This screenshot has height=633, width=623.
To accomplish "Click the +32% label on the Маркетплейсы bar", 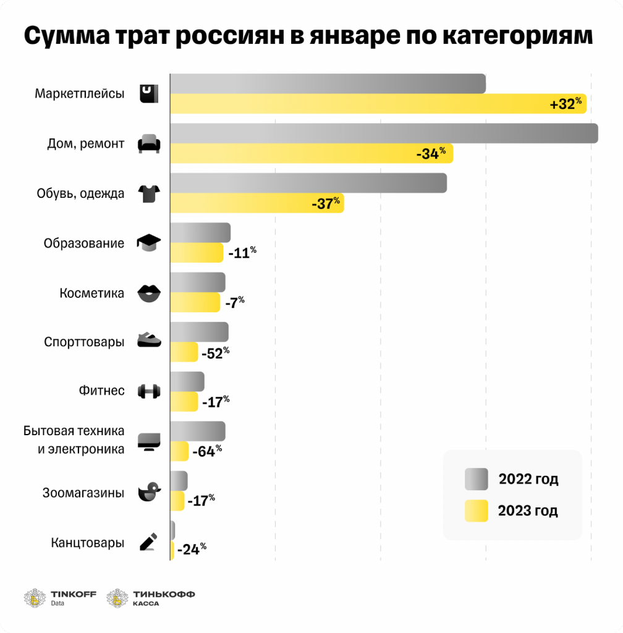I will [x=566, y=103].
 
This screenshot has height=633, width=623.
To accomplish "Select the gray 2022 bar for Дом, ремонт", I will [x=383, y=134].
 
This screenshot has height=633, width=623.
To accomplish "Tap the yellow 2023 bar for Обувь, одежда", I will [x=256, y=203].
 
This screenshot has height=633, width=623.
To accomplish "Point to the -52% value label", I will [x=215, y=352].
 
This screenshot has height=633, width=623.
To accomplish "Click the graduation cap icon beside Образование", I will [x=148, y=242].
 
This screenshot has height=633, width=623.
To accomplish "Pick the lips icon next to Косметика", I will [x=148, y=293].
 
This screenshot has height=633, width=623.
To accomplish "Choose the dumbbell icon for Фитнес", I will [x=148, y=391].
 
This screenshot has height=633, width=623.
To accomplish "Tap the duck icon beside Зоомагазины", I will [x=149, y=492].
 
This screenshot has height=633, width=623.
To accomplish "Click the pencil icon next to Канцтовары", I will [x=148, y=542].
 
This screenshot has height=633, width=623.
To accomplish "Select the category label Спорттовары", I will [x=84, y=342].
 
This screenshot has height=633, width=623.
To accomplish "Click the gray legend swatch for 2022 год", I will [x=476, y=479].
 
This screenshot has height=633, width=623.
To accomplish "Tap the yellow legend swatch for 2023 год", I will [x=476, y=511].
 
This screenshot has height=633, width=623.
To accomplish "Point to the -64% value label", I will [x=206, y=451].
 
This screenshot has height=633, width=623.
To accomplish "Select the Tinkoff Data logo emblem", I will [x=35, y=598].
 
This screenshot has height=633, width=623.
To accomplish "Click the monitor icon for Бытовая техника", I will [x=148, y=441].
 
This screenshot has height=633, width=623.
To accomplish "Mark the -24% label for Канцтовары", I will [x=191, y=549].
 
